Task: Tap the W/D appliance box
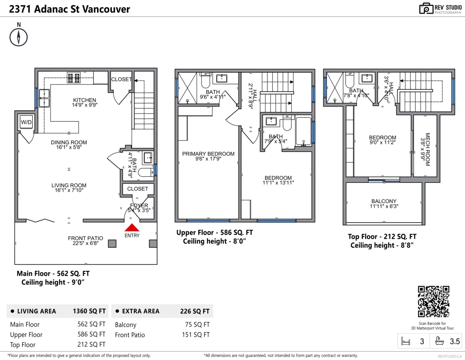pyautogui.click(x=26, y=122)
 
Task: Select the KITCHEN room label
pyautogui.click(x=84, y=100)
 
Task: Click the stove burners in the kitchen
pyautogui.click(x=73, y=78)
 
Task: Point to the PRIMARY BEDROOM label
pyautogui.click(x=208, y=154)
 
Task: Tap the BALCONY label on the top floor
pyautogui.click(x=384, y=201)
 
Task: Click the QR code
pyautogui.click(x=434, y=301)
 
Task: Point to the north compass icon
pyautogui.click(x=19, y=37)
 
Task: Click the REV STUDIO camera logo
pyautogui.click(x=426, y=9)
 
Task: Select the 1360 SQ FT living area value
pyautogui.click(x=89, y=311)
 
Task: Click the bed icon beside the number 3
pyautogui.click(x=406, y=341)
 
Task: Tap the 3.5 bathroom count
pyautogui.click(x=455, y=341)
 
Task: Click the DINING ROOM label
pyautogui.click(x=69, y=142)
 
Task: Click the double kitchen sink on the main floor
pyautogui.click(x=44, y=98)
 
